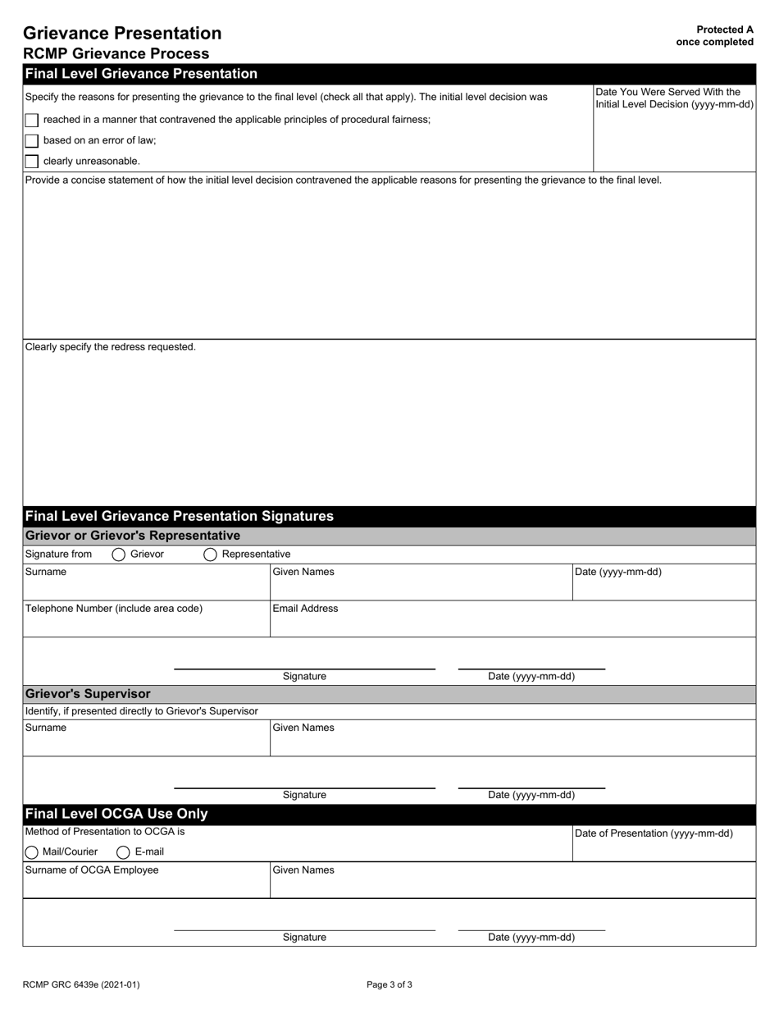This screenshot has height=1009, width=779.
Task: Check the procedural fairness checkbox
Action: pyautogui.click(x=32, y=120)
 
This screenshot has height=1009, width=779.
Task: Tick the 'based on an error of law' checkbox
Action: pyautogui.click(x=32, y=140)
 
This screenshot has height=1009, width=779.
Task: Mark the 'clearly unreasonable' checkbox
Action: pyautogui.click(x=32, y=162)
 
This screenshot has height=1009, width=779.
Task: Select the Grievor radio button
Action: pyautogui.click(x=118, y=555)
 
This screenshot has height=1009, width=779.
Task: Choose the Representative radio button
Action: pyautogui.click(x=210, y=555)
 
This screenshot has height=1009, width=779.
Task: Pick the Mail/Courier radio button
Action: pyautogui.click(x=32, y=852)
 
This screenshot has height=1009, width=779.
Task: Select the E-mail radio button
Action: pyautogui.click(x=123, y=852)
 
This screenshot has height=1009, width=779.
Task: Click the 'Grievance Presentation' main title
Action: pyautogui.click(x=122, y=34)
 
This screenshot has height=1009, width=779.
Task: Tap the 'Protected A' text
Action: pyautogui.click(x=724, y=30)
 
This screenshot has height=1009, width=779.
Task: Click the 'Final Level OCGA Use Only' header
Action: pyautogui.click(x=116, y=814)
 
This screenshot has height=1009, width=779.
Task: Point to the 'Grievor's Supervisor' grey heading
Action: pyautogui.click(x=88, y=694)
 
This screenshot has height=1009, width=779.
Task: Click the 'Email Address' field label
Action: pyautogui.click(x=305, y=609)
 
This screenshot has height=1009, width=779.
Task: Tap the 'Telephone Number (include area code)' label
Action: pyautogui.click(x=114, y=609)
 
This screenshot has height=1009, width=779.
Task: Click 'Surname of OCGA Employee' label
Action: pyautogui.click(x=92, y=870)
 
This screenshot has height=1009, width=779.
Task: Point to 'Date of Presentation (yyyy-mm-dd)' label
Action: pyautogui.click(x=654, y=833)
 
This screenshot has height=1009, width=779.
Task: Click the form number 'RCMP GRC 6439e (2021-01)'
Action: pyautogui.click(x=75, y=985)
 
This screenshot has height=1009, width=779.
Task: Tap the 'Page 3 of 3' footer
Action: pyautogui.click(x=389, y=985)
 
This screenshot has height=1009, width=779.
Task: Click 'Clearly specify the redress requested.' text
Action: pyautogui.click(x=111, y=347)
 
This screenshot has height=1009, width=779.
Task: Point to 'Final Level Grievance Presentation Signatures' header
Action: pyautogui.click(x=180, y=517)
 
